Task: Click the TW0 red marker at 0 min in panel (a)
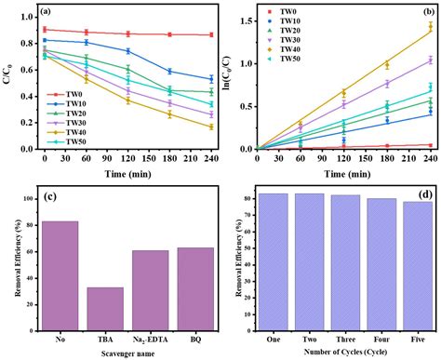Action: pos(46,30)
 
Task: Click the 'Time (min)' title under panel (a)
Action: pos(128,173)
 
